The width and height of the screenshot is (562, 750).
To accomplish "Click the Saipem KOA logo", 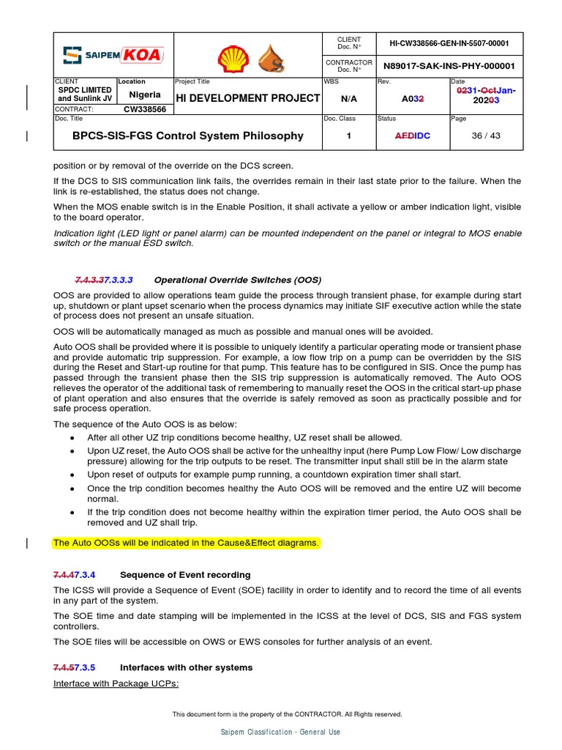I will [113, 54].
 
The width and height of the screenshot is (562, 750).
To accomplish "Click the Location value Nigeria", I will [145, 94].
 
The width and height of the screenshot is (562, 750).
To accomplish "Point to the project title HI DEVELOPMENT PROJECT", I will [247, 98].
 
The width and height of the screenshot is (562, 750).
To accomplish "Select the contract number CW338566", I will [144, 109].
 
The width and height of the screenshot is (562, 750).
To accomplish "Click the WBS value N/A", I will [349, 98].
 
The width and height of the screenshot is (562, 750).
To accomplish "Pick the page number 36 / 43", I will [486, 135].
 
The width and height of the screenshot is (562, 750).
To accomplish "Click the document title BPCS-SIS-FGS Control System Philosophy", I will [187, 135].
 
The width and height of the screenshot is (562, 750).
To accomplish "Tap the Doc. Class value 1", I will [349, 135].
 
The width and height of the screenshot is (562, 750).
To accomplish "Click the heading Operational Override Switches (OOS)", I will [237, 280].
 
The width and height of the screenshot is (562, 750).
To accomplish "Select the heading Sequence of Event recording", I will [185, 575].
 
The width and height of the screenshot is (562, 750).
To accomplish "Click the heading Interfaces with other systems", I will [186, 667].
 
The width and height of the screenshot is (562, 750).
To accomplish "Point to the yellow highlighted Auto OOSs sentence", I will [186, 543].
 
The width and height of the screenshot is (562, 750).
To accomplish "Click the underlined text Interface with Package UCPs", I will [116, 683].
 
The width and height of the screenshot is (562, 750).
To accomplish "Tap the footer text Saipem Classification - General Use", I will [280, 732].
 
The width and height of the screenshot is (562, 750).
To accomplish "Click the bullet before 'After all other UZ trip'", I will [72, 437].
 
